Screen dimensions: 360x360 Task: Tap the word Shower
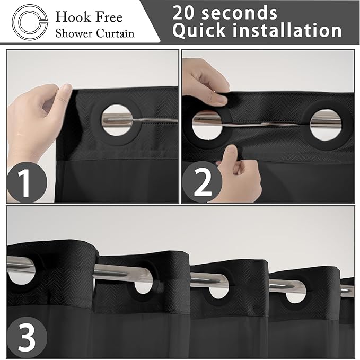[x=74, y=33]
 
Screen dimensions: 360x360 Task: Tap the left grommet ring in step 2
[x=207, y=121]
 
